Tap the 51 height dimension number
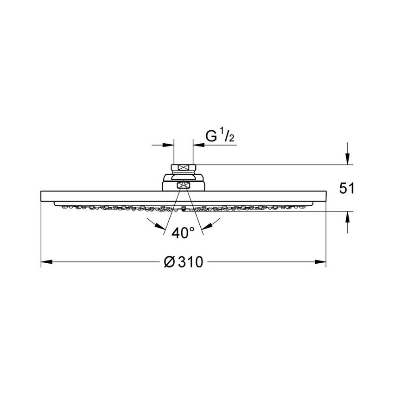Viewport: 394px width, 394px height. [x=347, y=188]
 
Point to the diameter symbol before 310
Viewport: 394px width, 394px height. [x=169, y=262]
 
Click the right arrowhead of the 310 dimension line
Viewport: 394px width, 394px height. [x=322, y=262]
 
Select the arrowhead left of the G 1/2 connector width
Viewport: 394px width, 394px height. [x=169, y=145]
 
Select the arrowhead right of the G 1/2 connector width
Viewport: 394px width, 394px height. [x=198, y=145]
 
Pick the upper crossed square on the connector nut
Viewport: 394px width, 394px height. [x=184, y=168]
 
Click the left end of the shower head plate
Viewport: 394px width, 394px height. [x=42, y=196]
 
